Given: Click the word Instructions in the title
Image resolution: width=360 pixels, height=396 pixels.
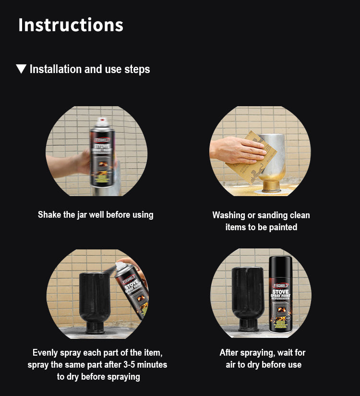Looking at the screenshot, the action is pyautogui.click(x=71, y=25).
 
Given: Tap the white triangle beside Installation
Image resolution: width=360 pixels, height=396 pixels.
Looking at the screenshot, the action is pyautogui.click(x=21, y=69).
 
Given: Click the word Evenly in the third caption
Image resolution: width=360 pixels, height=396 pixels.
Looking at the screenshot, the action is pyautogui.click(x=45, y=353).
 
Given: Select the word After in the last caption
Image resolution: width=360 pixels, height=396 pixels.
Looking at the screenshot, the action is pyautogui.click(x=229, y=352).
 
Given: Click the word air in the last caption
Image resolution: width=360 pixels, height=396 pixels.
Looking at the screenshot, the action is pyautogui.click(x=230, y=365).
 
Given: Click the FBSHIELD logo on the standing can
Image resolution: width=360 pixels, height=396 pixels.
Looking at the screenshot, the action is pyautogui.click(x=280, y=285).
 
